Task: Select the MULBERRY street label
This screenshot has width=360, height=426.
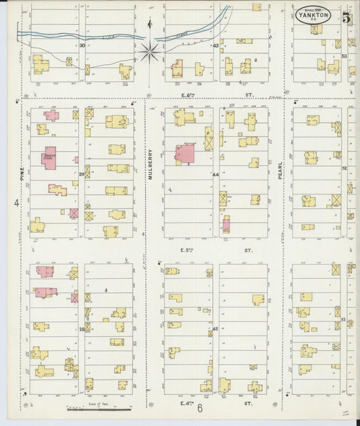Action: (x=151, y=162)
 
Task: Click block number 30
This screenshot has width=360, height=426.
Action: (x=82, y=46)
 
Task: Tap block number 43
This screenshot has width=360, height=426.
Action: (x=215, y=46)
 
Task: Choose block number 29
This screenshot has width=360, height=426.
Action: (x=81, y=175)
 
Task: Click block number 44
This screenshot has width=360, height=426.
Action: (x=215, y=175)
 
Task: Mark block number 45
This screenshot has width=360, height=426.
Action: (x=215, y=329)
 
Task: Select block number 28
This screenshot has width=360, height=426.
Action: (x=81, y=329)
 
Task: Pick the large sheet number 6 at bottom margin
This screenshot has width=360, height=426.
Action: (x=200, y=408)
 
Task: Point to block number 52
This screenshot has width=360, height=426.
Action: (x=344, y=168)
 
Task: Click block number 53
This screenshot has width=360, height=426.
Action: (x=344, y=56)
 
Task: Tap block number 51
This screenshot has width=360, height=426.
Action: (x=344, y=319)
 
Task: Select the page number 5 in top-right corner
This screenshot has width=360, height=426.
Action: (x=346, y=18)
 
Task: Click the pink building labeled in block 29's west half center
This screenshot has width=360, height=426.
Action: (x=49, y=158)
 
